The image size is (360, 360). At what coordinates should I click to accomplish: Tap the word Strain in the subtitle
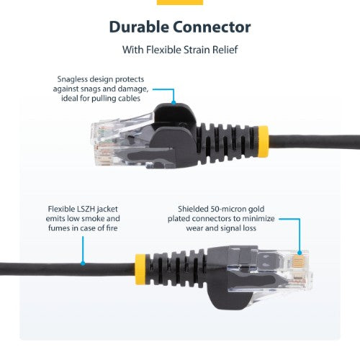click(196, 51)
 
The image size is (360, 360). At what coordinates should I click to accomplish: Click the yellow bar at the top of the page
click(179, 2)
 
